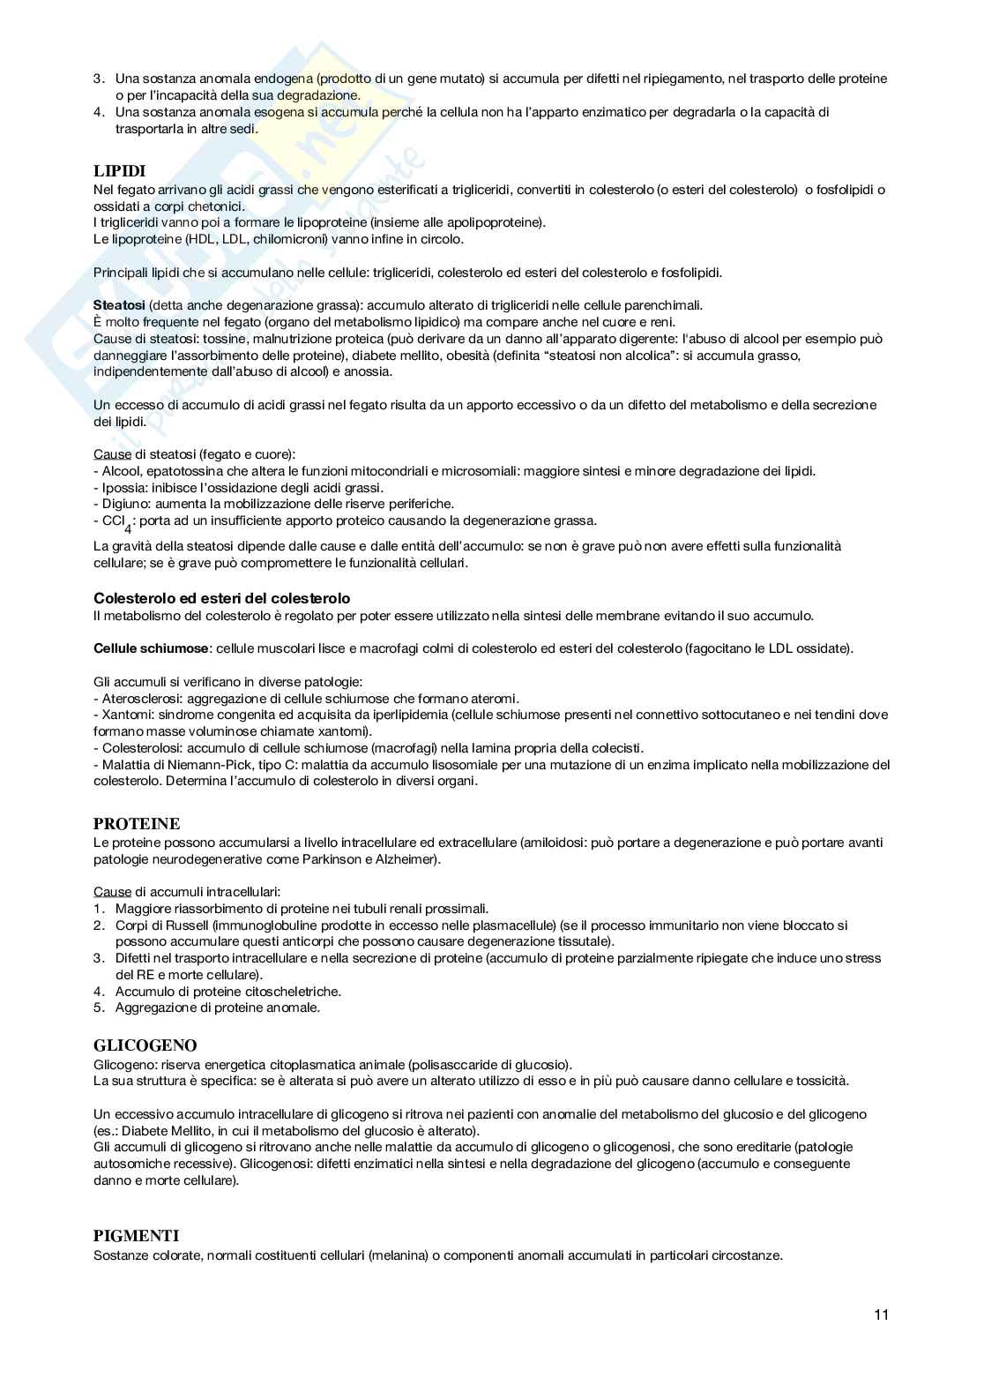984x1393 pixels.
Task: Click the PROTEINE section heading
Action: tap(137, 824)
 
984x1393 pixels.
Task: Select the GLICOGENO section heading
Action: tap(145, 1045)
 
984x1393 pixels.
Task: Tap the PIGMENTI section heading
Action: tap(136, 1237)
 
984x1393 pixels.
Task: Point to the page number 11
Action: tap(882, 1315)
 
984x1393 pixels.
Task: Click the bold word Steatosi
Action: tap(119, 305)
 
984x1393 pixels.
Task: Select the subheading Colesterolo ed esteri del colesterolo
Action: tap(221, 599)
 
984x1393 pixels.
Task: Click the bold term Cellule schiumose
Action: tap(151, 648)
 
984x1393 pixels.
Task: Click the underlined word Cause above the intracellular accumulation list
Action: tap(112, 892)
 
